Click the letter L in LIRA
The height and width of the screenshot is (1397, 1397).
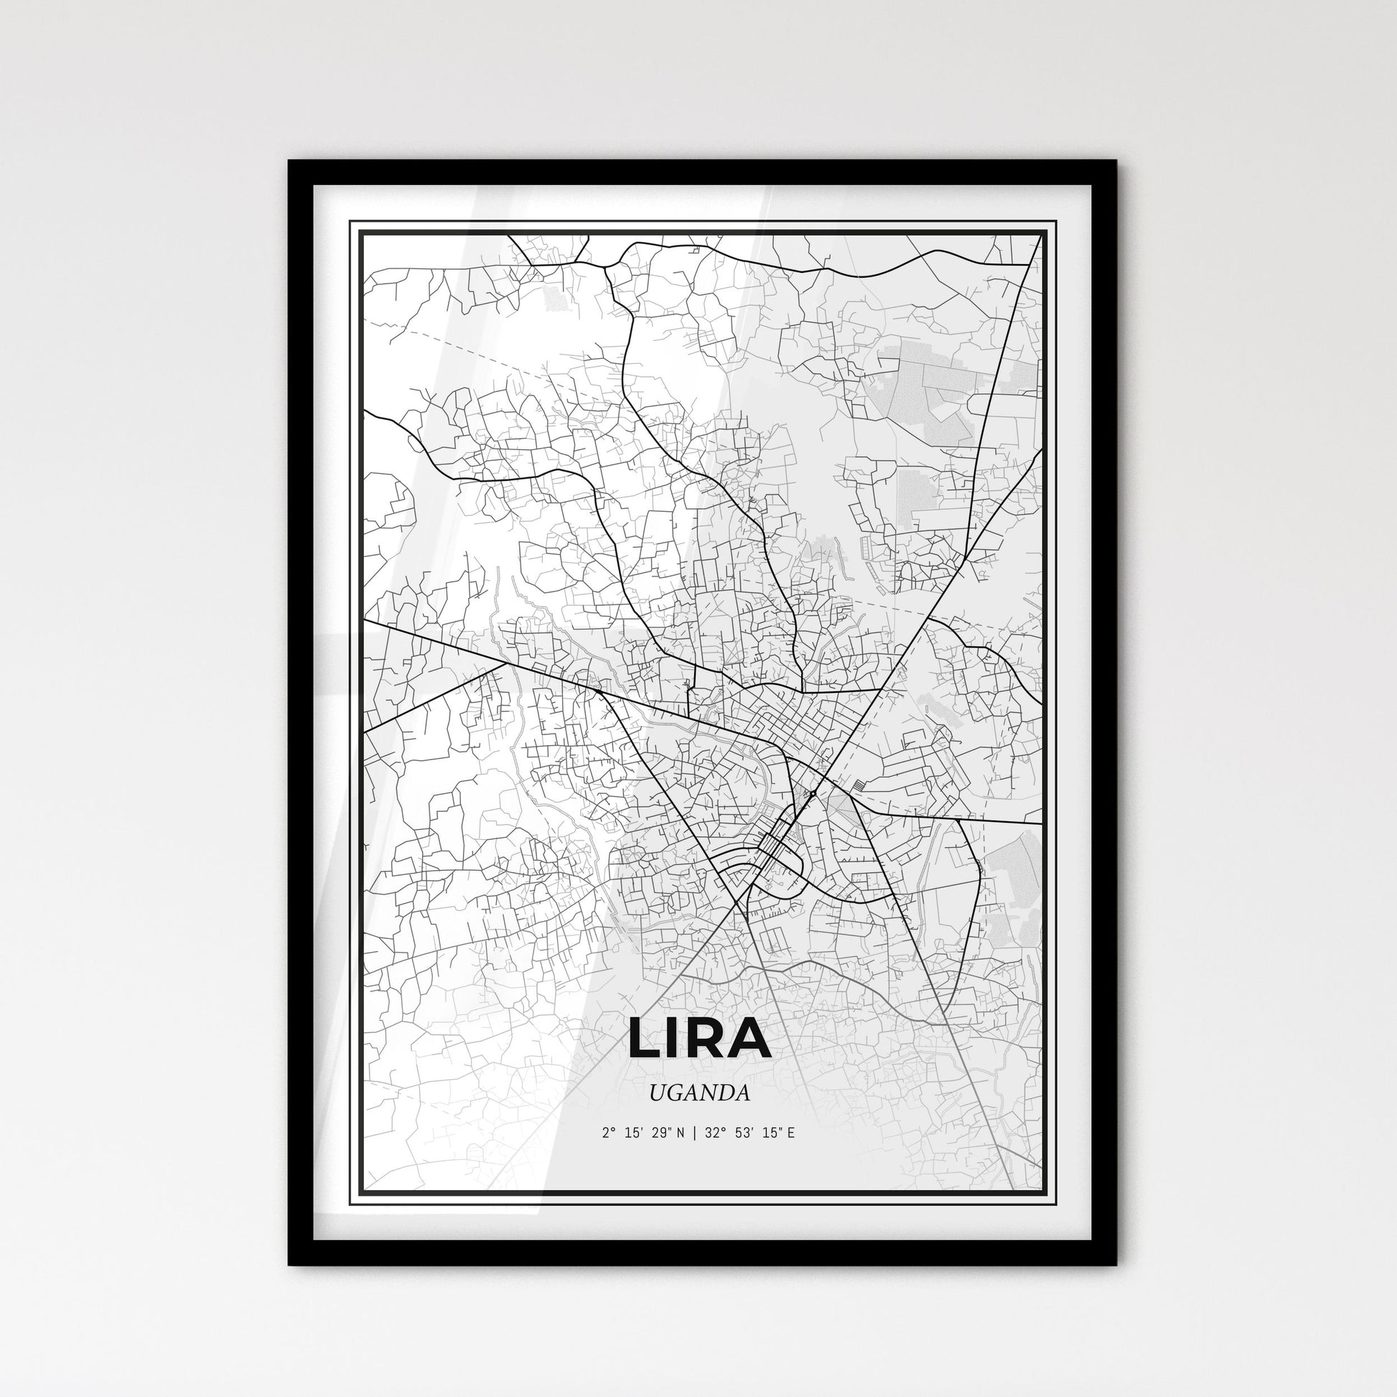[x=645, y=1037]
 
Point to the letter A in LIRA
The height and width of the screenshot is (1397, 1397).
[x=752, y=1037]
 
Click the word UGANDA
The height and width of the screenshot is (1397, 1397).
[x=699, y=1093]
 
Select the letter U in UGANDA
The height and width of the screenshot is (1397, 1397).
[x=657, y=1093]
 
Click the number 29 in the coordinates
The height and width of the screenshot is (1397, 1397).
[x=660, y=1133]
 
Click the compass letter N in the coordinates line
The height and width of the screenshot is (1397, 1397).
[x=678, y=1133]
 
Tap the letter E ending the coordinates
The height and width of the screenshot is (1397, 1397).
[x=790, y=1133]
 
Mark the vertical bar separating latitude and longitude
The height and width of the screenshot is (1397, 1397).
[x=693, y=1133]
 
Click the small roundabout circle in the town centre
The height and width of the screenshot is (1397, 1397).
[x=813, y=794]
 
